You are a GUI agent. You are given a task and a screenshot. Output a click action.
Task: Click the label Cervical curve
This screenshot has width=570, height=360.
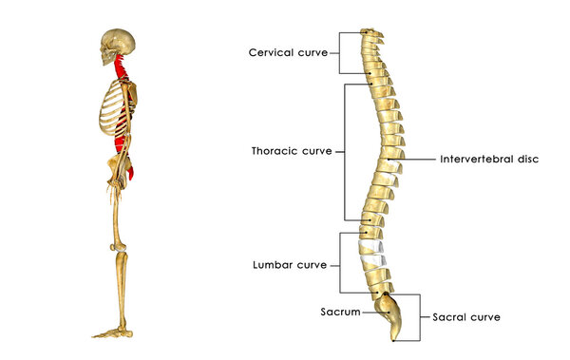click(x=288, y=52)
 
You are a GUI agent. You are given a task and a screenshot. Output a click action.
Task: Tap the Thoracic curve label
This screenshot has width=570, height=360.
click(x=291, y=151)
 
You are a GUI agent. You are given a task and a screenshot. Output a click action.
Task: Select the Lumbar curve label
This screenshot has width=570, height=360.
click(x=289, y=264)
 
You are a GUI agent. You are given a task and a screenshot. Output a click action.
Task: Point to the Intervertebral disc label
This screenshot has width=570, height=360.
click(x=489, y=159)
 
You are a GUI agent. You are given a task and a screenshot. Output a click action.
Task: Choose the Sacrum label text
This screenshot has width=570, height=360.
click(x=339, y=311)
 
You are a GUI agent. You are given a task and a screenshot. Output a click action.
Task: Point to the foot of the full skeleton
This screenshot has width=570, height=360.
click(x=112, y=332)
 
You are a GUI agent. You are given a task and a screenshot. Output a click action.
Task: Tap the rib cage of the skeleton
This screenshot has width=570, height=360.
click(x=112, y=114)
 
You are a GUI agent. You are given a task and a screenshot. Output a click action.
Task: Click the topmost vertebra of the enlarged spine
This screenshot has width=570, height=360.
click(x=370, y=33)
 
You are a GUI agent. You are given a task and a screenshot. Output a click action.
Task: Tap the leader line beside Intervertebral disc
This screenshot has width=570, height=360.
click(x=418, y=159)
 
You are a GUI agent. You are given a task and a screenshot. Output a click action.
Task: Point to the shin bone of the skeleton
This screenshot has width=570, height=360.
click(x=122, y=290)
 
